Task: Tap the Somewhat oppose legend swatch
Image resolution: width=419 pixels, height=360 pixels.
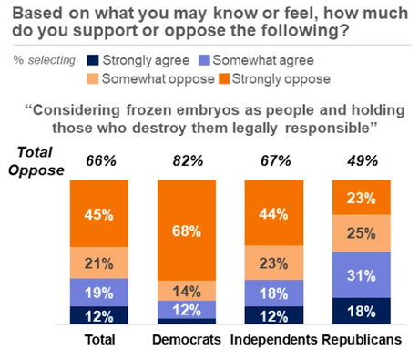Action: (x=92, y=80)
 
